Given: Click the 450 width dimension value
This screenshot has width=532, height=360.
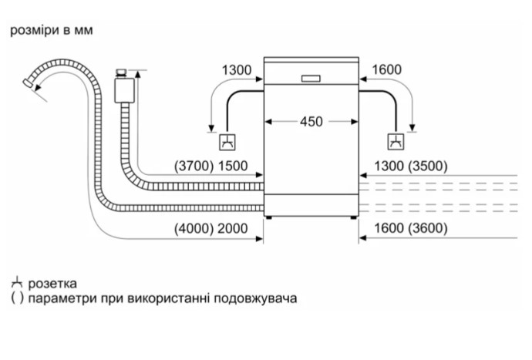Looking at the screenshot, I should (311, 122).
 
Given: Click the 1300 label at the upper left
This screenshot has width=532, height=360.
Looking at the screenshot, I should (236, 70).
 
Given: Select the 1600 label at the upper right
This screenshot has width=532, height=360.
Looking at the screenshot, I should (386, 70).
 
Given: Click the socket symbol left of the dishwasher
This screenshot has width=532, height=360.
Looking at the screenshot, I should (227, 140).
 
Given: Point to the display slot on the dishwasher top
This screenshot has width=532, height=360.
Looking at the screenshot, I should (311, 78).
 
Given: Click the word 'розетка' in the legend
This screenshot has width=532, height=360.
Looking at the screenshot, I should (52, 284).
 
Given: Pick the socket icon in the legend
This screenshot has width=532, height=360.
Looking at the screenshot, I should (16, 283).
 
